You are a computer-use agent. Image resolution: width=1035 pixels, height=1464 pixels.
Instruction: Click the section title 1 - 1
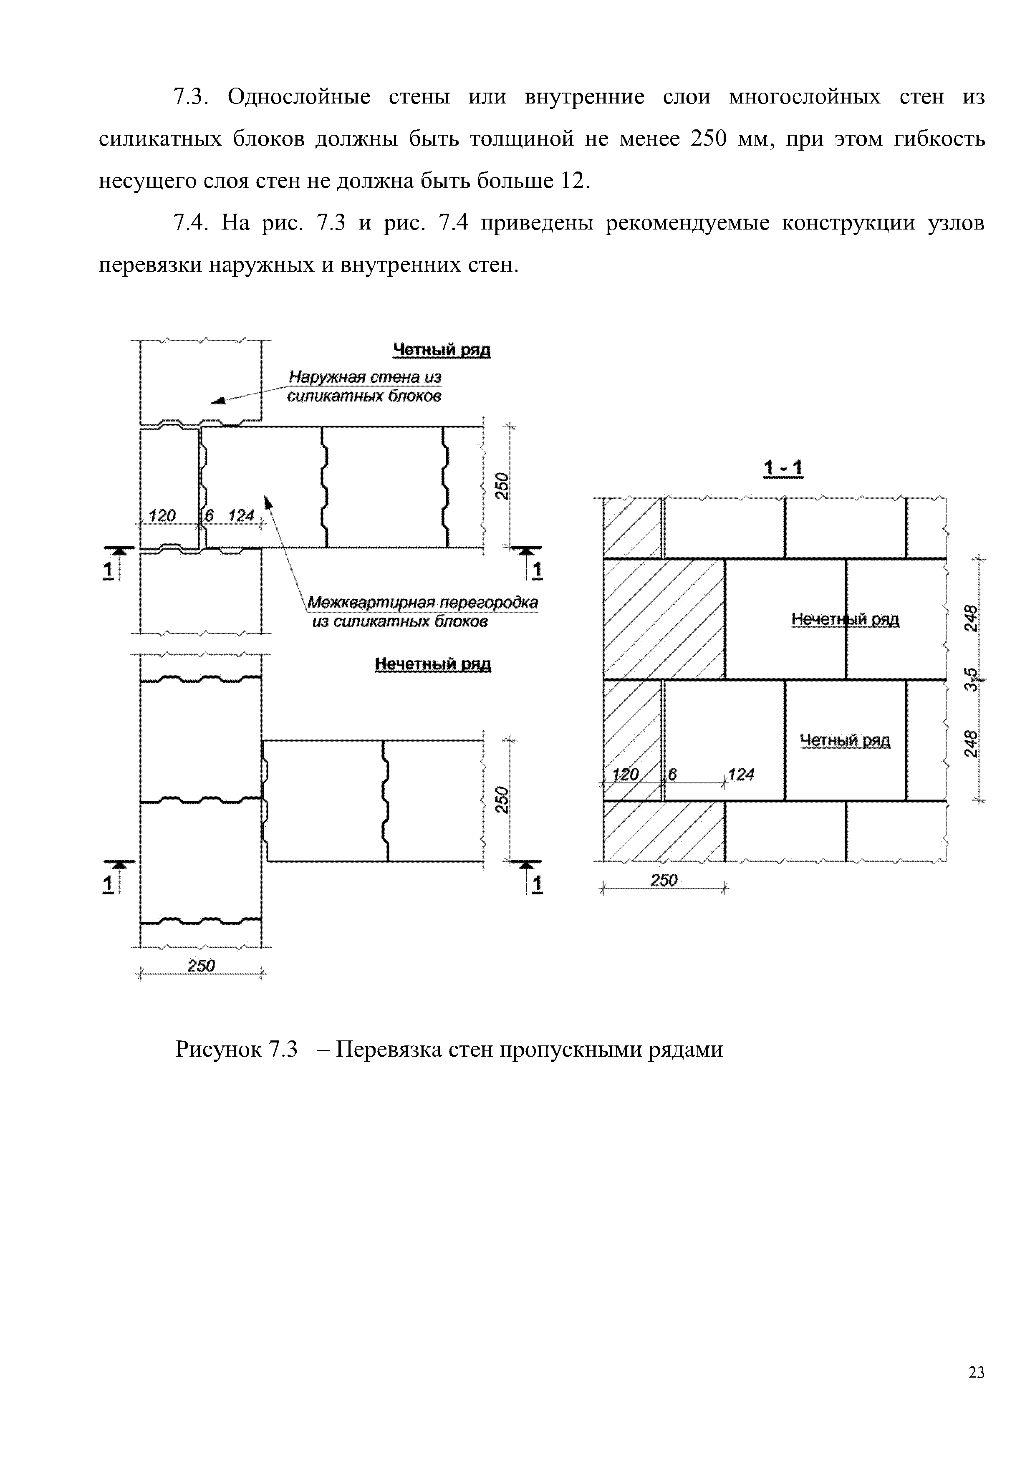[x=783, y=469]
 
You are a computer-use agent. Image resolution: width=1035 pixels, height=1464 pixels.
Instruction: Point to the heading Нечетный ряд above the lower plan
[x=432, y=664]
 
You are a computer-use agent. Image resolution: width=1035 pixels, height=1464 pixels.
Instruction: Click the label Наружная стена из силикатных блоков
[x=365, y=386]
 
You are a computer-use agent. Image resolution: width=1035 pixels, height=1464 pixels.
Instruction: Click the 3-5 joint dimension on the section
[x=970, y=679]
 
